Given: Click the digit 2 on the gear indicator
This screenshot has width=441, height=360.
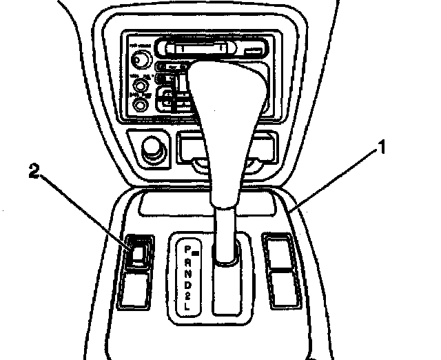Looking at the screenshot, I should coord(188,297).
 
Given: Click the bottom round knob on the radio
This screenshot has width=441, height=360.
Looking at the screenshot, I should coord(141,106).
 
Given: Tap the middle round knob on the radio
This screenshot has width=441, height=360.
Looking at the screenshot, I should coord(141,86).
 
